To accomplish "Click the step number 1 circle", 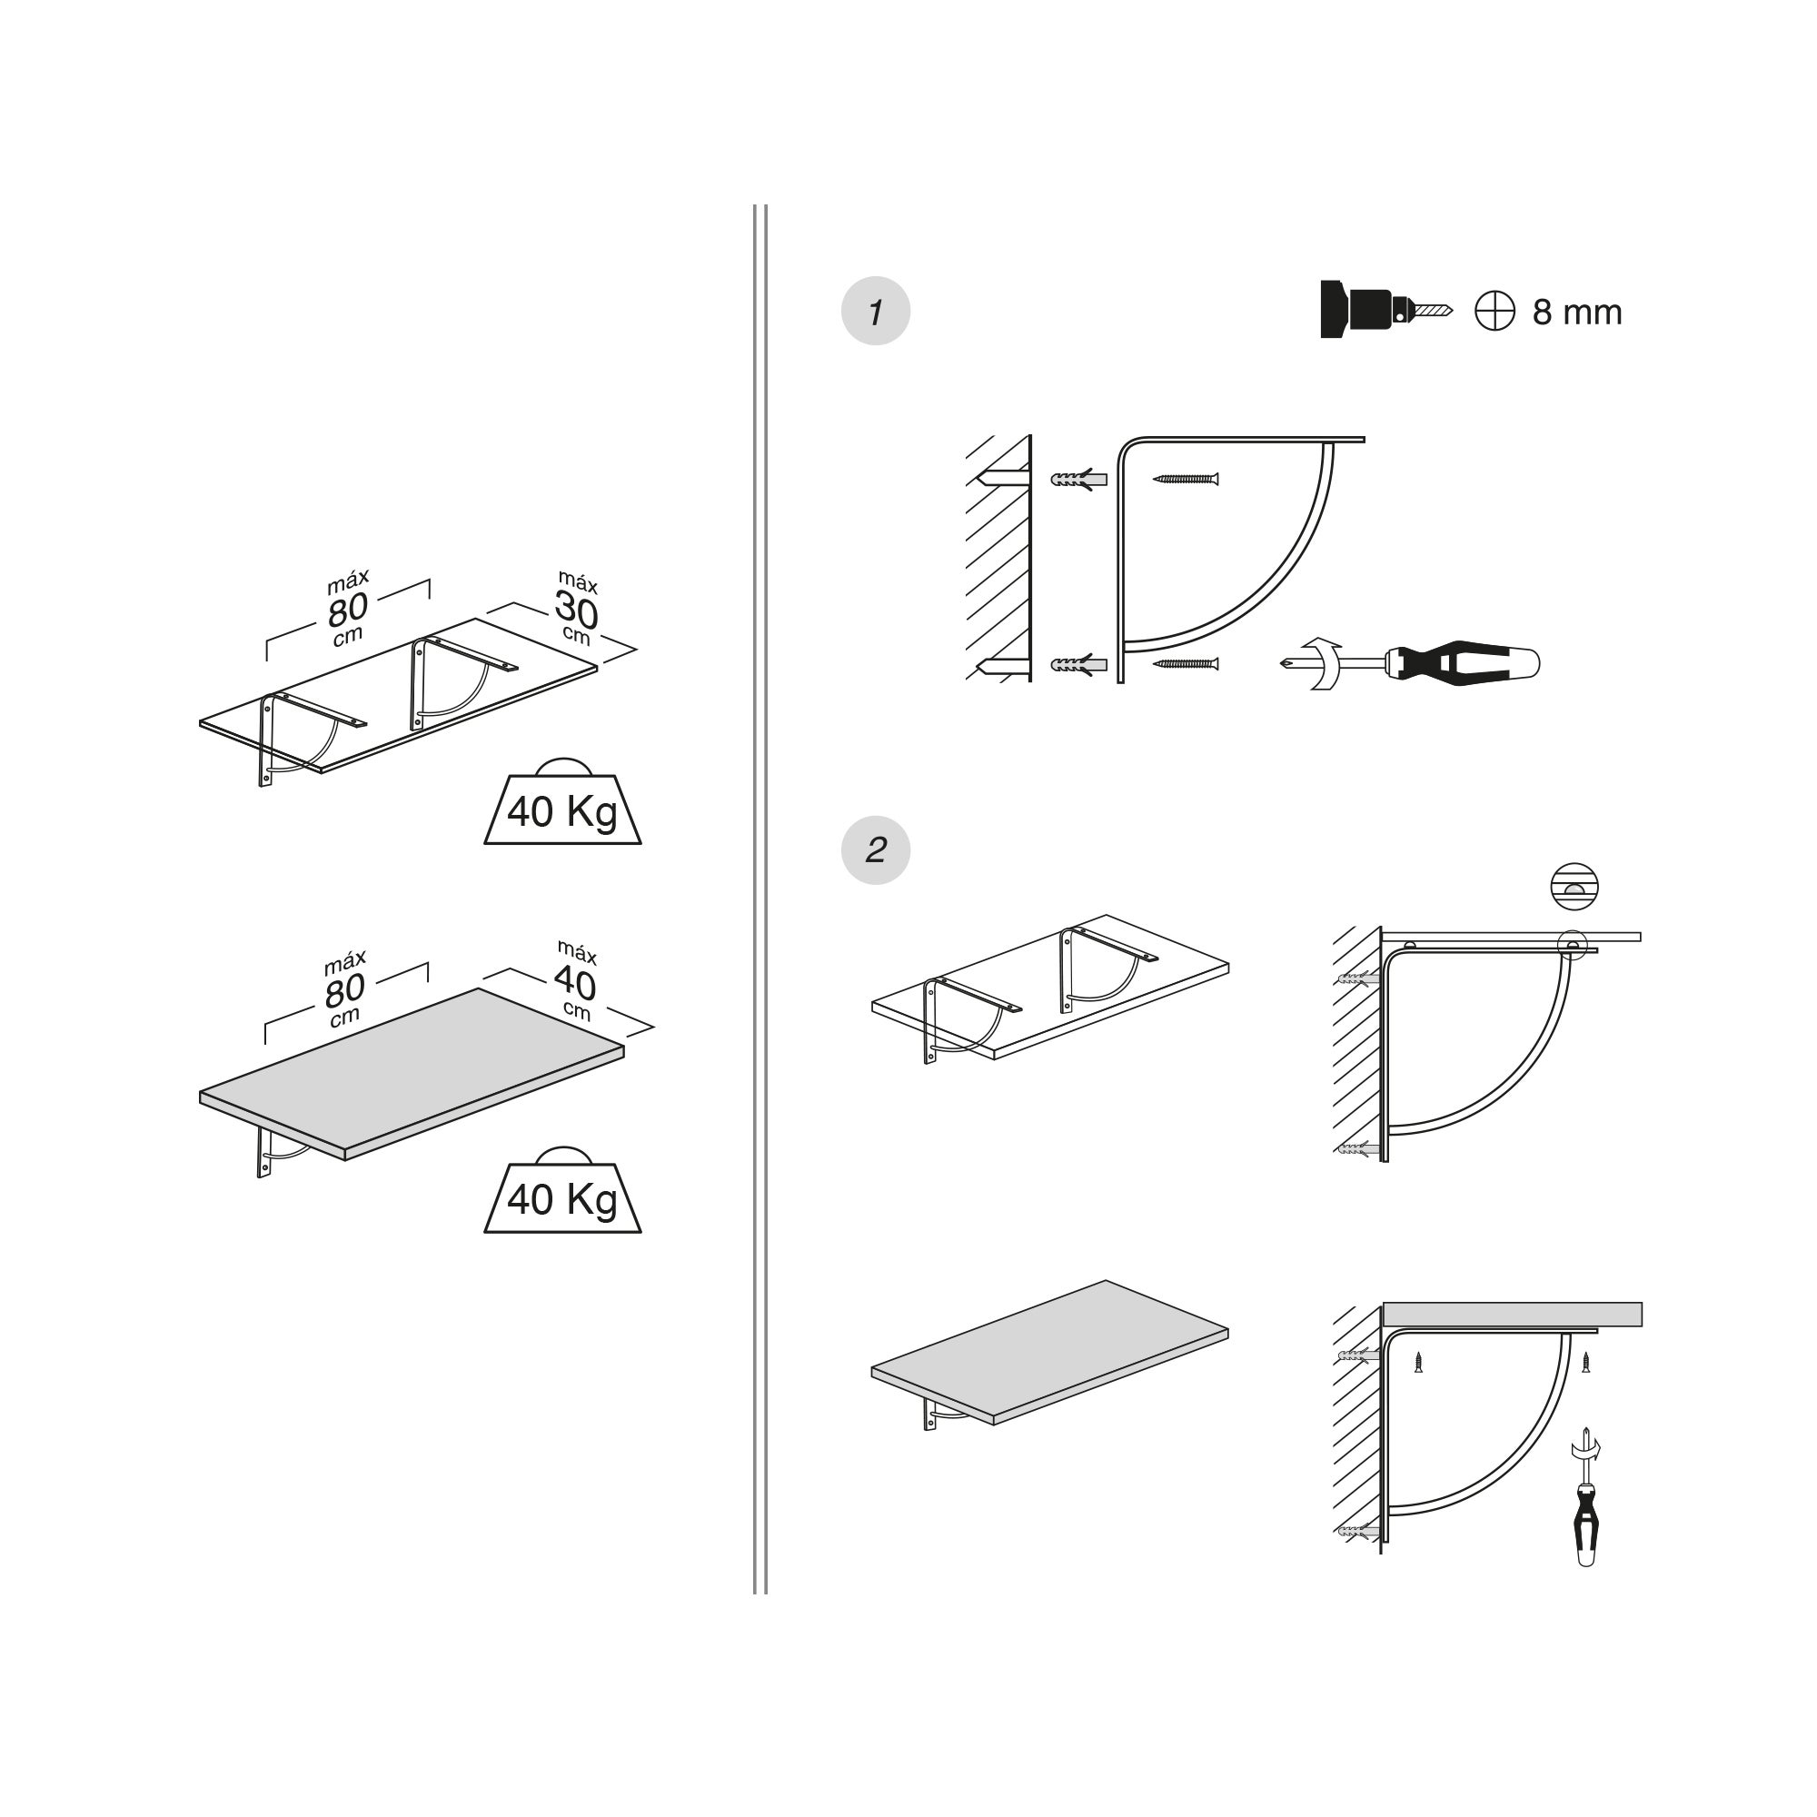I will tap(875, 312).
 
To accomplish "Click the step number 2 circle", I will tap(875, 850).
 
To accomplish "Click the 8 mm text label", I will tap(1576, 313).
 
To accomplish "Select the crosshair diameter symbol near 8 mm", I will tap(1494, 312).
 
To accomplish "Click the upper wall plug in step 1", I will tap(1078, 480).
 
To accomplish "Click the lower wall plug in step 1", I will tap(1078, 665).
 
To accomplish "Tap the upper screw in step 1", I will tap(1186, 479).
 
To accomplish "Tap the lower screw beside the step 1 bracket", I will tap(1186, 664).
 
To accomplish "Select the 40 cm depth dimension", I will tap(575, 982).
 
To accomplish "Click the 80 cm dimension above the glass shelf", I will tap(347, 610).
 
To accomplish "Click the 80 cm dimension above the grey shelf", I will tap(345, 989).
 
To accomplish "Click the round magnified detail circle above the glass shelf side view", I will tap(1574, 886).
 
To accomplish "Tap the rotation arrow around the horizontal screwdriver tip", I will tap(1325, 664).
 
